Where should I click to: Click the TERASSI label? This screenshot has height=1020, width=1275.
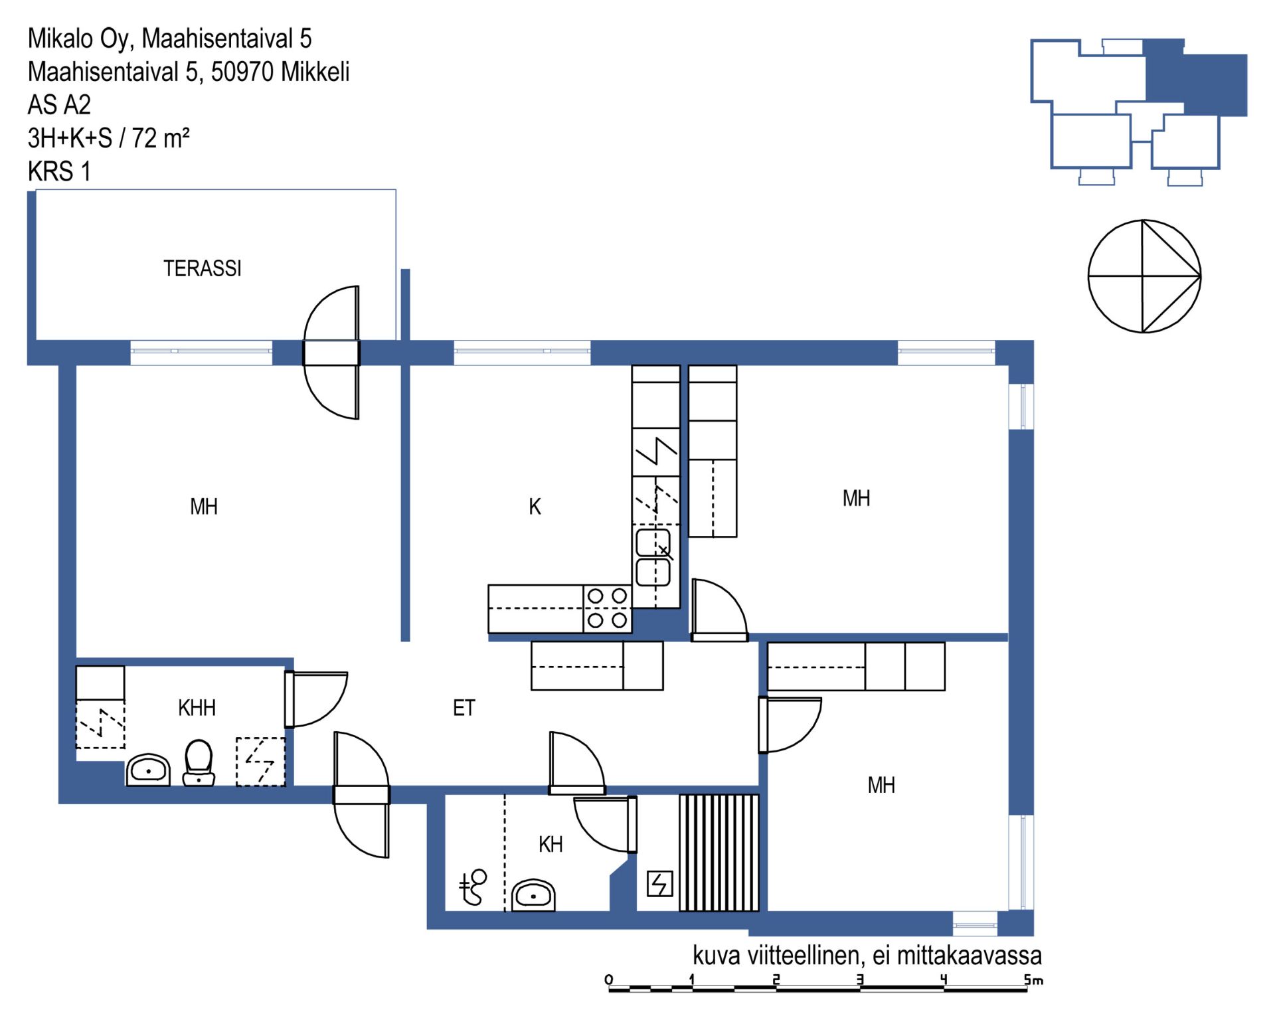tap(203, 268)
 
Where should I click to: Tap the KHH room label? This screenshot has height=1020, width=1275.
tap(197, 708)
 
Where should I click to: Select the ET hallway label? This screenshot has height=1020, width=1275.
tap(464, 708)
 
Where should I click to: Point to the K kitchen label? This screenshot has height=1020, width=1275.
tap(535, 507)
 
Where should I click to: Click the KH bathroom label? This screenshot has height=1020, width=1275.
tap(551, 845)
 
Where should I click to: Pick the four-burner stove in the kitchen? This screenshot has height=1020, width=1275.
tap(608, 608)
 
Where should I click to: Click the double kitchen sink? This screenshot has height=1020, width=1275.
tap(653, 557)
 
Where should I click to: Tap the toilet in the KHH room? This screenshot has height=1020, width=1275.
tap(199, 763)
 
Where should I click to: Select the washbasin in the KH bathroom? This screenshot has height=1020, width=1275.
tap(533, 895)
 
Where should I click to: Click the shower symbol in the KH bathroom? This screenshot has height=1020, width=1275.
tap(473, 887)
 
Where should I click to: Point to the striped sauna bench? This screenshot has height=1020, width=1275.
tap(719, 853)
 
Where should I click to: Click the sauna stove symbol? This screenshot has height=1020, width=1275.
tap(659, 884)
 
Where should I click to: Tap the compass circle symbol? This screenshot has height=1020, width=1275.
tap(1144, 276)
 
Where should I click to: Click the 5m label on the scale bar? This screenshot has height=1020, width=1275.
tap(1033, 979)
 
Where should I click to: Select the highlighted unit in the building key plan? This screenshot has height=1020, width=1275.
tap(1196, 78)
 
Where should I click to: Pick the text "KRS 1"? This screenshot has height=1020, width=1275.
tap(59, 171)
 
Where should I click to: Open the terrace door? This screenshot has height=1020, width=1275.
tap(331, 353)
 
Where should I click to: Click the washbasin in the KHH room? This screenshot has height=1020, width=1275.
tap(148, 770)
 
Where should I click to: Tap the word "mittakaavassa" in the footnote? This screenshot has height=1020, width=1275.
tap(969, 956)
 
